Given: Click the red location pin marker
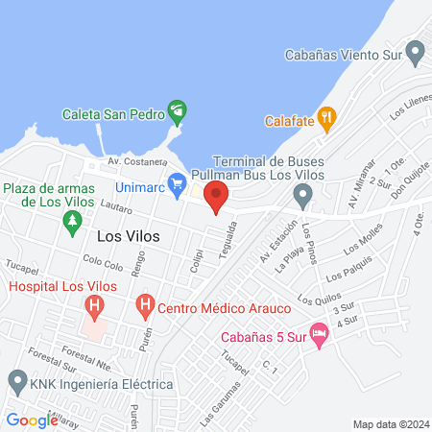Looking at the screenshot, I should [x=216, y=199].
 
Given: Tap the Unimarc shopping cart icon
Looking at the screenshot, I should [x=177, y=182].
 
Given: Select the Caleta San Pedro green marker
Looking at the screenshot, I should [x=177, y=111].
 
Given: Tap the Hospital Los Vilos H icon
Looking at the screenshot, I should [x=94, y=307].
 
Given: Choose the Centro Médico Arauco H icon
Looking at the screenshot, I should [x=144, y=307].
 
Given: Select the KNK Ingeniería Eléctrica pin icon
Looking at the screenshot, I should [x=16, y=381].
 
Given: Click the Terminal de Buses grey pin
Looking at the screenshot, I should [x=303, y=199].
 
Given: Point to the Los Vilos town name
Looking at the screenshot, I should [x=129, y=234].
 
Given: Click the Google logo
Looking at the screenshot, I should [x=32, y=420].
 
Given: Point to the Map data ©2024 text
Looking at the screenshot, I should [x=390, y=423].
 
